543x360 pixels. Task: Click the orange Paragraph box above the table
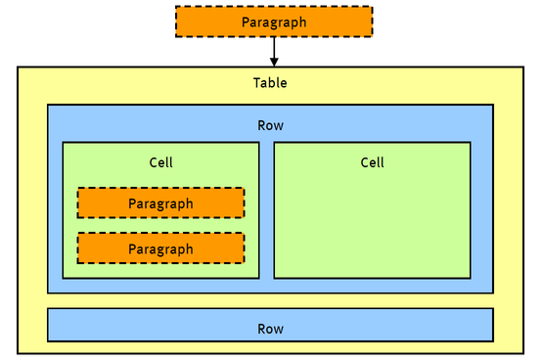click(273, 22)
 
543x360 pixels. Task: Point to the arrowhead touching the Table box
click(273, 62)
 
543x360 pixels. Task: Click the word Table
click(270, 83)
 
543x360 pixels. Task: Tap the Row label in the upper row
click(270, 125)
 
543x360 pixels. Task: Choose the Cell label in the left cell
click(160, 162)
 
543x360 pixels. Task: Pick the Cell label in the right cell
click(372, 162)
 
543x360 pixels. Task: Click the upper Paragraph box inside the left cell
click(160, 202)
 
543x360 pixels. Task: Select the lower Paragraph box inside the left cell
click(160, 248)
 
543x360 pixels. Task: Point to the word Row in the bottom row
click(270, 329)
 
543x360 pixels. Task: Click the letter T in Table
click(256, 83)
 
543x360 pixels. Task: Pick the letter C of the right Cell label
click(364, 162)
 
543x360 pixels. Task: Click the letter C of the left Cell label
click(153, 162)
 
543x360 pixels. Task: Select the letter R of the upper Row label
click(261, 125)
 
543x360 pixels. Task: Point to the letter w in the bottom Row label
click(279, 330)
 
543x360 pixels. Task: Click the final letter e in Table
click(284, 84)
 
